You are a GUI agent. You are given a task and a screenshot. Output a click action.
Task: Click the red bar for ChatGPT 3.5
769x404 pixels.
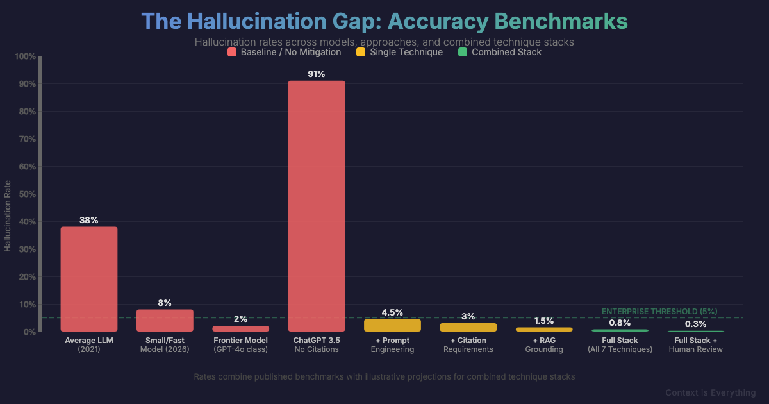click(317, 206)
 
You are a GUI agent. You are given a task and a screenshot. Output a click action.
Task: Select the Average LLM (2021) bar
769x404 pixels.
click(89, 279)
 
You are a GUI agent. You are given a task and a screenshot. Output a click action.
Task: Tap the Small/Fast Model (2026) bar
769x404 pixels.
click(165, 321)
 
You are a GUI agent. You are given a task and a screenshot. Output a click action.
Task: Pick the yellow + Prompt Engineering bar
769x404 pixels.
click(392, 325)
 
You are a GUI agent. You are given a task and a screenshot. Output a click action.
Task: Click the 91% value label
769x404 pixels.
click(317, 74)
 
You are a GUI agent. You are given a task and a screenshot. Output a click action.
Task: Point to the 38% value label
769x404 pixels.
click(89, 220)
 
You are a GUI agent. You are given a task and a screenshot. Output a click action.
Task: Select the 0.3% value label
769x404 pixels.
click(695, 324)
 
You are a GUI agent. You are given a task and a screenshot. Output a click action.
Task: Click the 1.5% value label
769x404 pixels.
click(544, 321)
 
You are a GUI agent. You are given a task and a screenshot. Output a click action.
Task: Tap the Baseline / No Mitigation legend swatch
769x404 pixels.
click(232, 52)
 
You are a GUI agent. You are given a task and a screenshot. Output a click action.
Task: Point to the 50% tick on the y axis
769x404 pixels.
click(26, 194)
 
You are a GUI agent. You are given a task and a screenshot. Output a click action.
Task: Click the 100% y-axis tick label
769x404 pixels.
click(24, 56)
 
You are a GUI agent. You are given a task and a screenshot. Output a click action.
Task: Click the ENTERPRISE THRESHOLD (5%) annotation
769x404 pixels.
click(659, 311)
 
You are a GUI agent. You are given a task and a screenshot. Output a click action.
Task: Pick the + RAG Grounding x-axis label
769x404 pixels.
click(544, 345)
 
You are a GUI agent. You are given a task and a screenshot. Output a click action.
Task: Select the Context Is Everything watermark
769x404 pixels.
click(710, 392)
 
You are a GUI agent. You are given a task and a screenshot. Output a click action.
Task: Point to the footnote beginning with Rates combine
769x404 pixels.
click(384, 376)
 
